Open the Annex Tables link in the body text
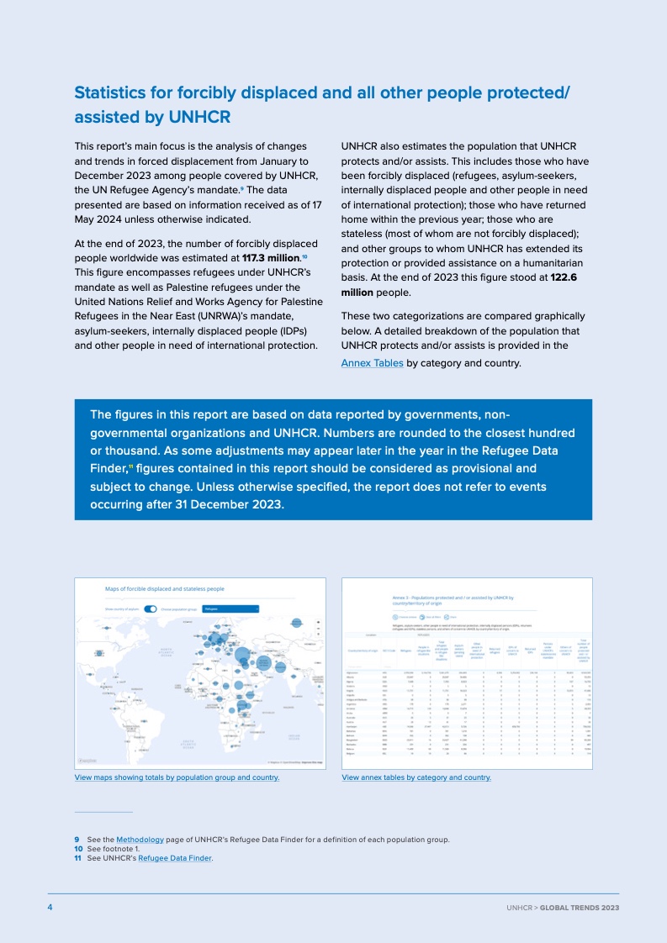click(372, 363)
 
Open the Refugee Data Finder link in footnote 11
click(174, 858)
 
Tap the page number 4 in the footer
click(50, 908)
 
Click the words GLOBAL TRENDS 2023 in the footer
click(580, 909)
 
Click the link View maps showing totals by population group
click(177, 777)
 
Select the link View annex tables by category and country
click(416, 777)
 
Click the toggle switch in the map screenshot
click(151, 608)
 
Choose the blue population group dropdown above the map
click(230, 608)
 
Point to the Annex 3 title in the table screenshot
click(453, 599)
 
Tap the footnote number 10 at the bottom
click(79, 849)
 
